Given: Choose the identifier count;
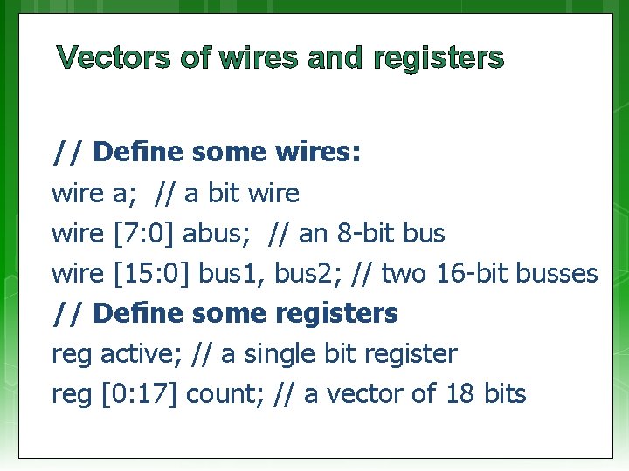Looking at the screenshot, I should coord(225,393).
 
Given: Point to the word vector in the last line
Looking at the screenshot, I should coord(367,393).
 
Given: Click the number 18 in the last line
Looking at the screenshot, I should coord(460,393).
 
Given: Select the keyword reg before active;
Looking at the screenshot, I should coord(72,355).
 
